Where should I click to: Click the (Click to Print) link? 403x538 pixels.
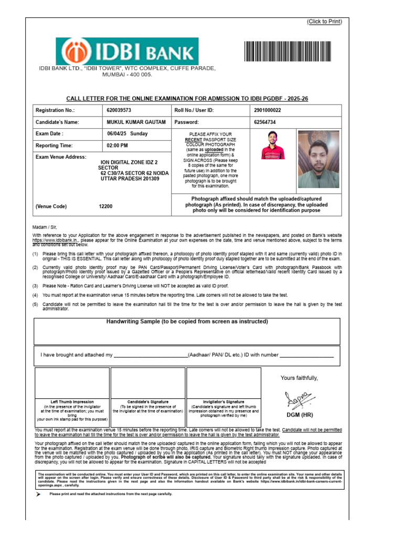[x=324, y=22]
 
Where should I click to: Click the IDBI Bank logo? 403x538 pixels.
[x=128, y=51]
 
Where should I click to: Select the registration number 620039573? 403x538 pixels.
[x=119, y=111]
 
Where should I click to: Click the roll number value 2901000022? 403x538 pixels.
[x=268, y=111]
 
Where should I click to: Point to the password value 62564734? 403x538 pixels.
[x=265, y=122]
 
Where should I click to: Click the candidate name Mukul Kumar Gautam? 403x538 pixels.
[x=136, y=122]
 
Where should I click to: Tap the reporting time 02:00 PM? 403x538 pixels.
[x=117, y=146]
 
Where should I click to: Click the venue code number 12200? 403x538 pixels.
[x=105, y=207]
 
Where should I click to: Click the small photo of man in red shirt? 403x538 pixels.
[x=273, y=145]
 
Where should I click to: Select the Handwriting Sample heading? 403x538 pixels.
[x=187, y=322]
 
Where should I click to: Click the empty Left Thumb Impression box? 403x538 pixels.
[x=72, y=383]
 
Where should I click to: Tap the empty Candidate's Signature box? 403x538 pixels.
[x=147, y=383]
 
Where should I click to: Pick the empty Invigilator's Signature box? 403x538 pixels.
[x=224, y=383]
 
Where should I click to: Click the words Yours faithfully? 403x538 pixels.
[x=299, y=378]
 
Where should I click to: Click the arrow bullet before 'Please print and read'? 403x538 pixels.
[x=38, y=494]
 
